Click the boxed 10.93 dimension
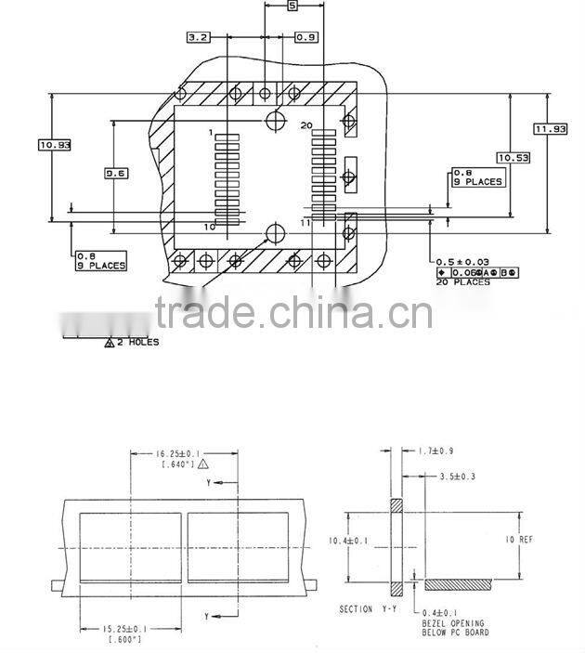click(55, 144)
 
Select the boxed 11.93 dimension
click(550, 129)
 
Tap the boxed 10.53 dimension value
click(513, 158)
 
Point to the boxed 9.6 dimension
click(115, 174)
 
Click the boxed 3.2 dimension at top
click(198, 37)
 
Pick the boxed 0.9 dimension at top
click(306, 37)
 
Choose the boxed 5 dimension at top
click(292, 7)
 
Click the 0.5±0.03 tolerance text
click(463, 262)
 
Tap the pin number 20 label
click(307, 124)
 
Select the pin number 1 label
click(212, 133)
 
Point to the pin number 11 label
click(305, 223)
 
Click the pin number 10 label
click(210, 226)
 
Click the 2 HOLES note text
click(136, 342)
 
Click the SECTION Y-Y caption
click(369, 609)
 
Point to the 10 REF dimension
click(521, 539)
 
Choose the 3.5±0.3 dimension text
click(456, 477)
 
